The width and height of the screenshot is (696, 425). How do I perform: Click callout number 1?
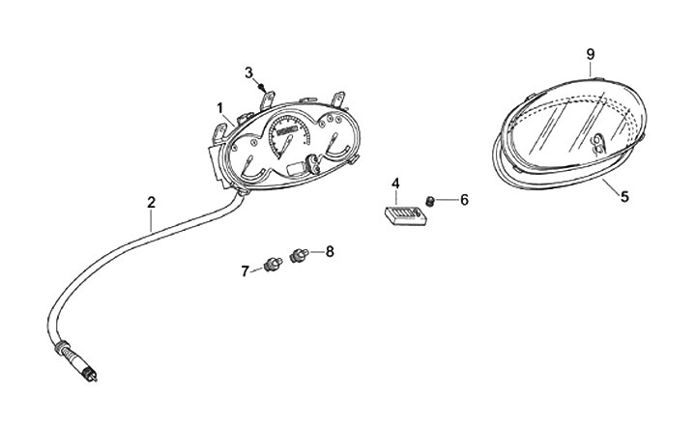coord(220,106)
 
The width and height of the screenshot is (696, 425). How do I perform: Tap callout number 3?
coord(248,72)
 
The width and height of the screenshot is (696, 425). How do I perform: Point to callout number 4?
coord(395,183)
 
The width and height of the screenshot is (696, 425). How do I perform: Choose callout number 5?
coord(624,196)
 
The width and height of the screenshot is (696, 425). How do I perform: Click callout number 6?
coord(464,200)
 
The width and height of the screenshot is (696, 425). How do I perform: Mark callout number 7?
coord(245,271)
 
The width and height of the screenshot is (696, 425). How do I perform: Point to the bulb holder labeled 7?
coord(273,263)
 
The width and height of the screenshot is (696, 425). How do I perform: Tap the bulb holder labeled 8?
coord(299,256)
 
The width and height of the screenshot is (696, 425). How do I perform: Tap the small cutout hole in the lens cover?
coord(597,144)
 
